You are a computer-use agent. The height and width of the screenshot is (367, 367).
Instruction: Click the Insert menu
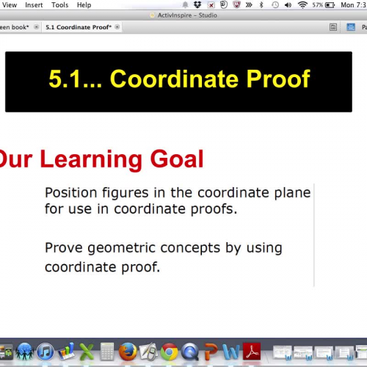click(34, 4)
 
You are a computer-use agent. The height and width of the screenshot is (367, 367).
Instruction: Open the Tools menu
click(60, 4)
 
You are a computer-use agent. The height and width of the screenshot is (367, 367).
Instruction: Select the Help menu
click(84, 4)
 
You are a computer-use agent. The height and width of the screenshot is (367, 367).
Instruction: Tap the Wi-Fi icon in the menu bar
click(302, 4)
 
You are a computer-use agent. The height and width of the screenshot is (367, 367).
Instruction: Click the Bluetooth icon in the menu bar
click(261, 4)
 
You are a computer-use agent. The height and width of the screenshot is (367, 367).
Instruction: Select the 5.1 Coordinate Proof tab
click(78, 26)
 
